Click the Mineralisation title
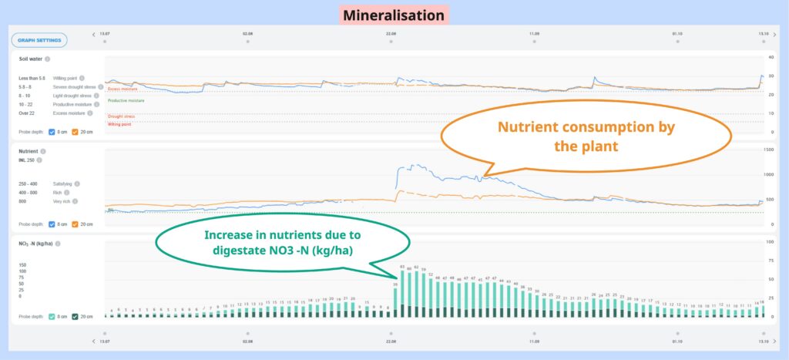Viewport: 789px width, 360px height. click(x=393, y=15)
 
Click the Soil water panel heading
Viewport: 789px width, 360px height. click(x=31, y=59)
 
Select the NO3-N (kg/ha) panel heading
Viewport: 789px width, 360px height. click(x=35, y=244)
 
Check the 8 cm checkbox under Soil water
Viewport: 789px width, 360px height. click(x=52, y=131)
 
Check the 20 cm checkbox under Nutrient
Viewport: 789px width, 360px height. click(x=76, y=224)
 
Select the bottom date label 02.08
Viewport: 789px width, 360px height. click(x=247, y=341)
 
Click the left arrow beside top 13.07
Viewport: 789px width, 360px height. click(x=94, y=34)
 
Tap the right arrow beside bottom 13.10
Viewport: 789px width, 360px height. click(x=774, y=341)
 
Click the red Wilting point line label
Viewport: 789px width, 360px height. click(x=119, y=123)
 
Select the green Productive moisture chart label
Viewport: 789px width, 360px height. click(x=126, y=100)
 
